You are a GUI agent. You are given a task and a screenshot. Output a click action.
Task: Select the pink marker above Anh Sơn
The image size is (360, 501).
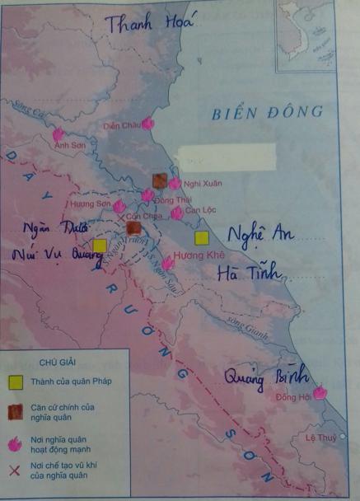tap(58, 134)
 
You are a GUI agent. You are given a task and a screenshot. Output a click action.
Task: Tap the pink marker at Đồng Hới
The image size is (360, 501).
tap(319, 393)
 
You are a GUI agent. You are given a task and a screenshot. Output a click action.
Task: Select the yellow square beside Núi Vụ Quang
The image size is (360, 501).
tap(100, 246)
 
